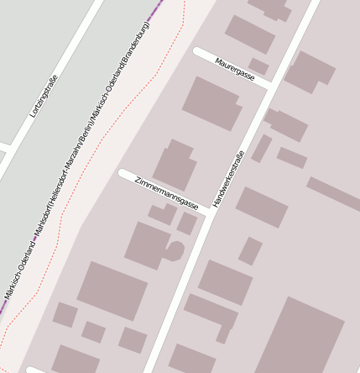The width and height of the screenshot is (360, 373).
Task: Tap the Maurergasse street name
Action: click(234, 70)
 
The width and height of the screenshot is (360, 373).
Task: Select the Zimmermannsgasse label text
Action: click(166, 192)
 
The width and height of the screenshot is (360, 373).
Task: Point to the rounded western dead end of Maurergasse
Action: click(199, 53)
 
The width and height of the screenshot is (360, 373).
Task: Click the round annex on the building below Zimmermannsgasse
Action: click(175, 250)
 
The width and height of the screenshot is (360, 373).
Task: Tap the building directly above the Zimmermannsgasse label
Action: click(175, 165)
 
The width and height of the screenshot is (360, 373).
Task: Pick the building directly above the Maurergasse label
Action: click(250, 34)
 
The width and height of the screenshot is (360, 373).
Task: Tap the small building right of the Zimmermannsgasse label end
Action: click(187, 223)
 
